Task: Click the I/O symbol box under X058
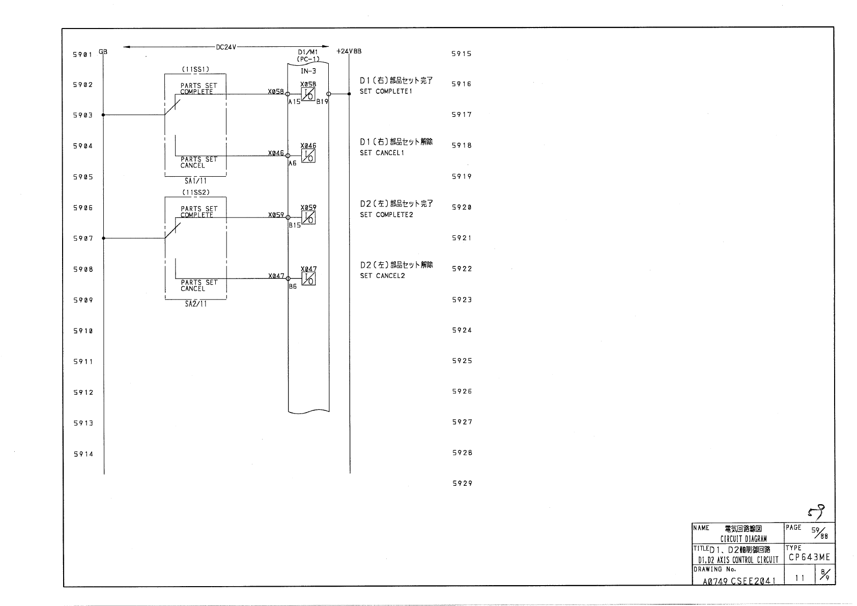pyautogui.click(x=308, y=94)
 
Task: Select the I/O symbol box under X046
pyautogui.click(x=308, y=156)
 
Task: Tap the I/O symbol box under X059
pyautogui.click(x=308, y=217)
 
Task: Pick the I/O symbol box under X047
pyautogui.click(x=308, y=279)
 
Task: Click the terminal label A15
pyautogui.click(x=294, y=102)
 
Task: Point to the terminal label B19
pyautogui.click(x=322, y=102)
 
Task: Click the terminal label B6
pyautogui.click(x=293, y=287)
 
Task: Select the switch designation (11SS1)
pyautogui.click(x=195, y=69)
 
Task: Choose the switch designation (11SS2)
pyautogui.click(x=195, y=192)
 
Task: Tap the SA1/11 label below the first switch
pyautogui.click(x=195, y=181)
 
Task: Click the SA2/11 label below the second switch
pyautogui.click(x=195, y=304)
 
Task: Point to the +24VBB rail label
pyautogui.click(x=349, y=51)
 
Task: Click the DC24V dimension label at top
pyautogui.click(x=226, y=47)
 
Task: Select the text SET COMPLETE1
pyautogui.click(x=386, y=92)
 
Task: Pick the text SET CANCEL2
pyautogui.click(x=382, y=276)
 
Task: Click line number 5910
pyautogui.click(x=83, y=331)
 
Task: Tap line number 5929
pyautogui.click(x=462, y=483)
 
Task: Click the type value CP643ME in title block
pyautogui.click(x=809, y=558)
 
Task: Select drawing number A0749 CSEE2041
pyautogui.click(x=739, y=581)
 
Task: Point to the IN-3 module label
pyautogui.click(x=308, y=71)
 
